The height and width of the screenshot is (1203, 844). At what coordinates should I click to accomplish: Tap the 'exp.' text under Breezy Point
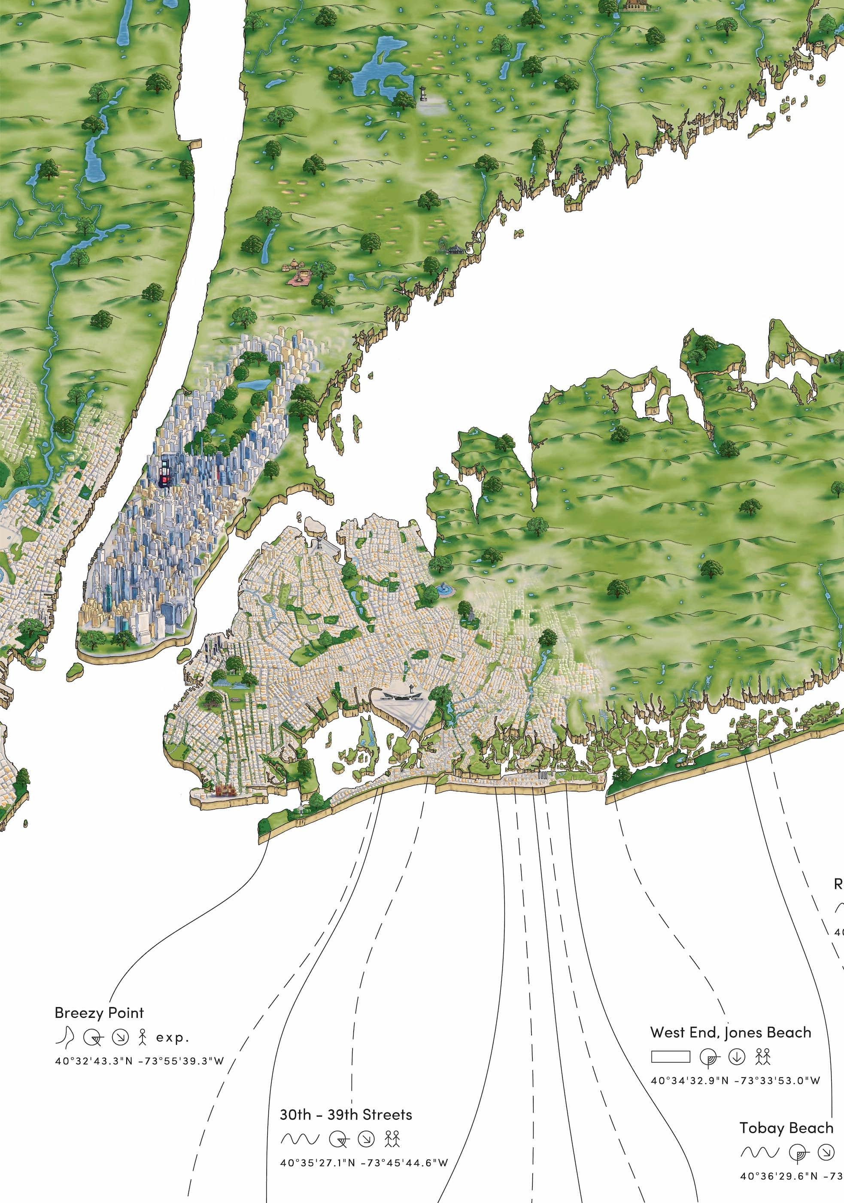coord(172,1038)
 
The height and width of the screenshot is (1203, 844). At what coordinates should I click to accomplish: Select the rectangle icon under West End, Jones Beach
coord(670,1056)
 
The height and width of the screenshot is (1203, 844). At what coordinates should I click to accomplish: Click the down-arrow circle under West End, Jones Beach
coord(737,1057)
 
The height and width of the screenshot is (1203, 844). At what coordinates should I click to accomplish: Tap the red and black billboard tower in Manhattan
coord(165,473)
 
